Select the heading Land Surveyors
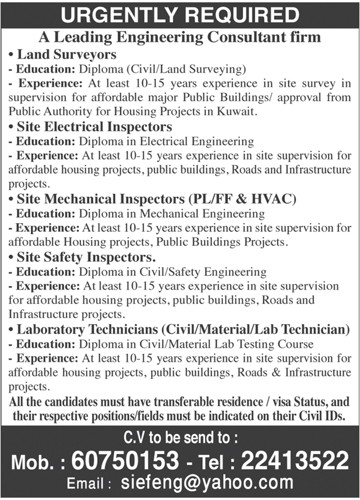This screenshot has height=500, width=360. tap(66, 55)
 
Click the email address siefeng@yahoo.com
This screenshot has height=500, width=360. tap(207, 483)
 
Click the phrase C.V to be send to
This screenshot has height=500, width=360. tap(180, 438)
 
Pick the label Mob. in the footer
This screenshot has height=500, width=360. tap(37, 463)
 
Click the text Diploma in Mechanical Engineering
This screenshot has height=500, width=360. tap(172, 214)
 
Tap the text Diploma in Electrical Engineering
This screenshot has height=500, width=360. tap(167, 141)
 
